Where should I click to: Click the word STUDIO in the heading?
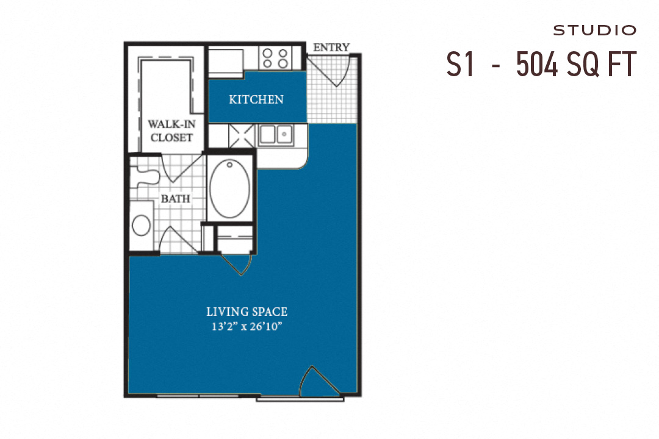[x=594, y=30]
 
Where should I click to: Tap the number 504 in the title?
[x=538, y=64]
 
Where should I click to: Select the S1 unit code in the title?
[x=460, y=64]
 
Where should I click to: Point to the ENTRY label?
[x=331, y=47]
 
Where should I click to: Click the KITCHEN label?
[x=256, y=99]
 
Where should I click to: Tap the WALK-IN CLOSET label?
[x=171, y=130]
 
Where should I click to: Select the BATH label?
[x=175, y=199]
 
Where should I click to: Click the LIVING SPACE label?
[x=247, y=312]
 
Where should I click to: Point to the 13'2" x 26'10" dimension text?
[x=247, y=326]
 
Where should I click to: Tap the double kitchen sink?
[x=275, y=134]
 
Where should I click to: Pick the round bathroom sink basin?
[x=142, y=225]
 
